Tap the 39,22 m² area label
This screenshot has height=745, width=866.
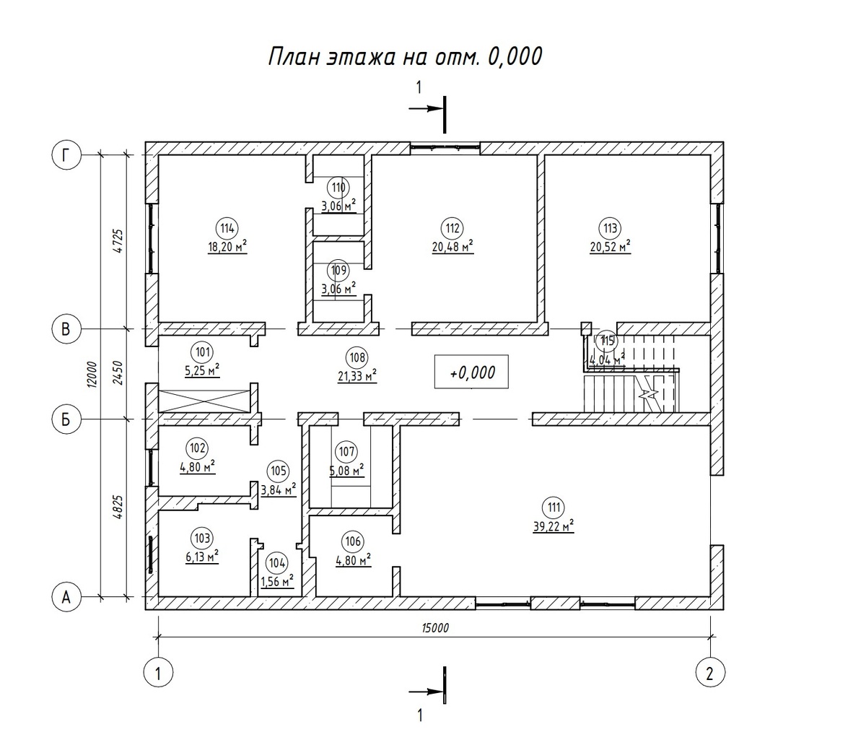pyautogui.click(x=554, y=526)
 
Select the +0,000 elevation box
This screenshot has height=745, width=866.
pyautogui.click(x=471, y=372)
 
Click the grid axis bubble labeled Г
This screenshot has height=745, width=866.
pyautogui.click(x=66, y=155)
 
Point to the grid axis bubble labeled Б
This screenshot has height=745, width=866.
pyautogui.click(x=66, y=419)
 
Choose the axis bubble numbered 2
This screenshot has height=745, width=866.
pyautogui.click(x=710, y=674)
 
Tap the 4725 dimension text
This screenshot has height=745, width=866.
pyautogui.click(x=119, y=241)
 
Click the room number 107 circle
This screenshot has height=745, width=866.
pyautogui.click(x=346, y=452)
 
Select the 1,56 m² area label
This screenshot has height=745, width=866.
pyautogui.click(x=277, y=581)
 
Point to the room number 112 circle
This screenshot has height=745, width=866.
pyautogui.click(x=452, y=229)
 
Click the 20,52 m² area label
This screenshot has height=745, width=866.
pyautogui.click(x=611, y=246)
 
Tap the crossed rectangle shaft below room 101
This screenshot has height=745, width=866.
pyautogui.click(x=204, y=401)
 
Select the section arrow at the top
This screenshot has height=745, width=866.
pyautogui.click(x=426, y=109)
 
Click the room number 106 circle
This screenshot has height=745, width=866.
pyautogui.click(x=352, y=541)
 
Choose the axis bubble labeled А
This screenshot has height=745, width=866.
pyautogui.click(x=66, y=597)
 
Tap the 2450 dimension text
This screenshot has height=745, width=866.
pyautogui.click(x=119, y=373)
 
